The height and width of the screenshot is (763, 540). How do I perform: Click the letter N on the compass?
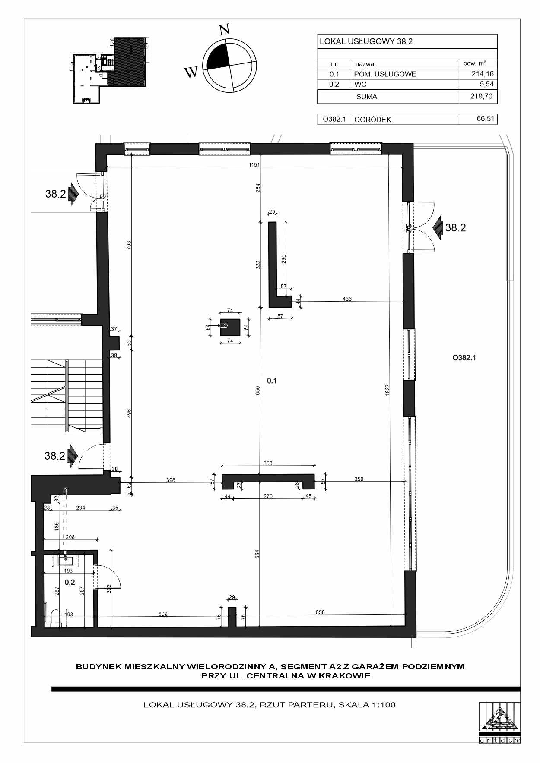pos(224,29)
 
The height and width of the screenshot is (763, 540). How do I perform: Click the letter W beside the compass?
pos(191,72)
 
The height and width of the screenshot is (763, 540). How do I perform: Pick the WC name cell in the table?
pos(360,85)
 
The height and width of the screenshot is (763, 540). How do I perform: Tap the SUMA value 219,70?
pos(481,96)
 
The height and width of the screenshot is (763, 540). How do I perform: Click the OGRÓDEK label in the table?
pos(372,120)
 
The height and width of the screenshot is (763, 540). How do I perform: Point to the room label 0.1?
pos(272,381)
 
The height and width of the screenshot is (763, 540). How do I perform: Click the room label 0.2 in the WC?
pos(70,582)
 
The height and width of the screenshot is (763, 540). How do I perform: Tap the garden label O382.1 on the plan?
pos(464,358)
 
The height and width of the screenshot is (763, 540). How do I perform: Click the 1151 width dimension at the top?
pos(254,164)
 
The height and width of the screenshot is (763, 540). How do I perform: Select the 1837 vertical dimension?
pos(388,390)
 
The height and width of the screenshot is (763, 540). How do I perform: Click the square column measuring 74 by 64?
pos(230,327)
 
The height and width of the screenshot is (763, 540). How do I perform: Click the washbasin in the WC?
pos(67,560)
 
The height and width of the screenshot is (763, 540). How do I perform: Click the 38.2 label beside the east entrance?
pos(456,228)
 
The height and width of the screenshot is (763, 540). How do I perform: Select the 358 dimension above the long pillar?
pos(268,463)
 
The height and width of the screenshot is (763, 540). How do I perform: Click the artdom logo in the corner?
pos(500,722)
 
